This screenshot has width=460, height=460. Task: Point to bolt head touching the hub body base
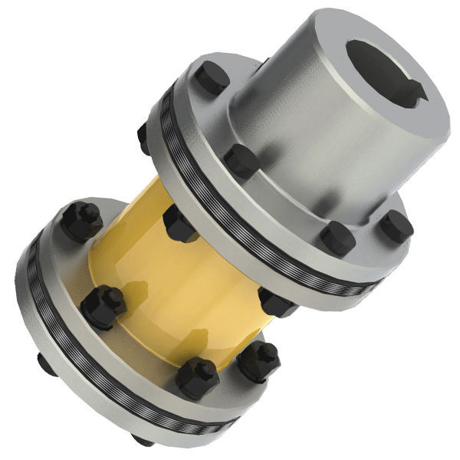242,161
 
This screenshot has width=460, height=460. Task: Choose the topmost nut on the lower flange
81,221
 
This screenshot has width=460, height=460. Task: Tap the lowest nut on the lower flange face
197,378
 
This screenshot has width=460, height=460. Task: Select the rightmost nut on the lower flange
257,360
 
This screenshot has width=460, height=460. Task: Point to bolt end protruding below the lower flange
142,440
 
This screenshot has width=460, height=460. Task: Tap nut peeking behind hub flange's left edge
143,138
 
